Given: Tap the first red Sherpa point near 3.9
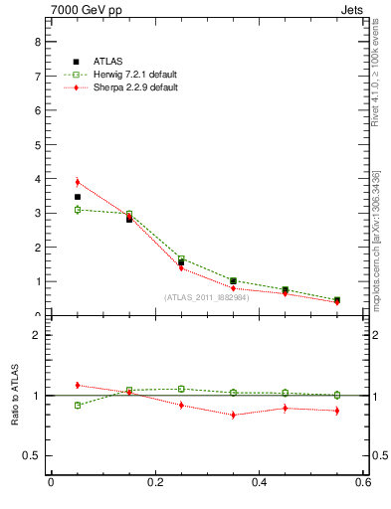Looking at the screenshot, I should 78,182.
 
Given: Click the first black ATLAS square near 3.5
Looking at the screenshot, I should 78,197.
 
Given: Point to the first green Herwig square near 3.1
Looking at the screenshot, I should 78,210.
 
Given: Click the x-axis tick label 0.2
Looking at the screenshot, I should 154,483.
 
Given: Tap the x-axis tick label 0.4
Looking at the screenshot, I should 259,483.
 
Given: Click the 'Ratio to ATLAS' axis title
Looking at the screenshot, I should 14,396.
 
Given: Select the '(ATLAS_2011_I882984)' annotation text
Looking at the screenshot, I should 206,297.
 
